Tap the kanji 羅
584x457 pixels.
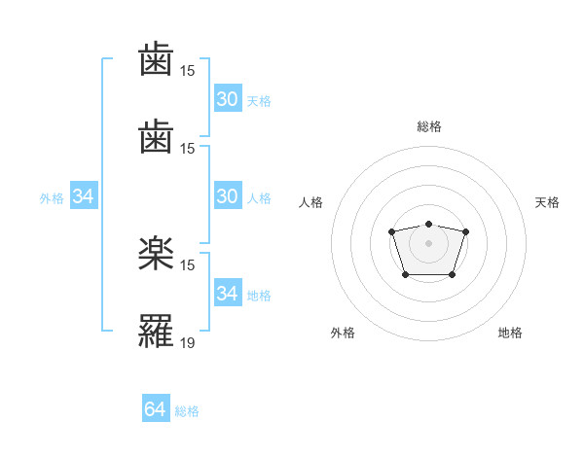(x=157, y=330)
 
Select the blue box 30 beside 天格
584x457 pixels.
(x=227, y=99)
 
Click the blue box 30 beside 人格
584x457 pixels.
(x=227, y=196)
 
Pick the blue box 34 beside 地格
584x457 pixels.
(x=227, y=293)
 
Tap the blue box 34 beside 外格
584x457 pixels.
(x=84, y=196)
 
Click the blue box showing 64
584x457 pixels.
(x=156, y=409)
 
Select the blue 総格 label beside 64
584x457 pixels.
(x=187, y=411)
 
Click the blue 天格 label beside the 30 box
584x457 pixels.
(x=259, y=101)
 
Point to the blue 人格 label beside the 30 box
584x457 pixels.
(x=259, y=198)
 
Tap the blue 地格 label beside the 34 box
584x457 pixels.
(x=259, y=295)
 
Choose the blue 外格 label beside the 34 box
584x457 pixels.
(x=52, y=198)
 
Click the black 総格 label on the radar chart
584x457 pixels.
(x=428, y=126)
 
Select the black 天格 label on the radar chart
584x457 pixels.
(x=547, y=202)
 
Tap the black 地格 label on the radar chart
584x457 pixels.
(x=510, y=334)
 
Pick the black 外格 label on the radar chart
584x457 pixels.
(x=343, y=334)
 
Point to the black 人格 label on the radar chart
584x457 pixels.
(x=311, y=202)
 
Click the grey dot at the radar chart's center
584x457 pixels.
(x=428, y=242)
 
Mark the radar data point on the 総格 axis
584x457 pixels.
(x=428, y=224)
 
